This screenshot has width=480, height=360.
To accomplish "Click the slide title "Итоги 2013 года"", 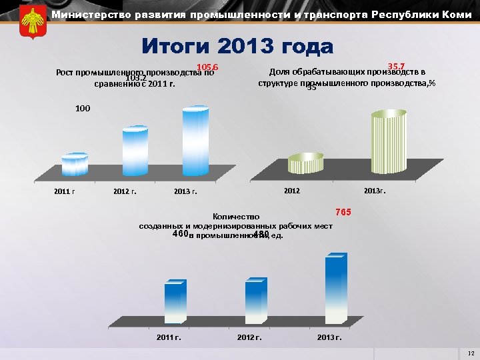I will point(237,47).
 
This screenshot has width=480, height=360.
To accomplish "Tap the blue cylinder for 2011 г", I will point(75,165).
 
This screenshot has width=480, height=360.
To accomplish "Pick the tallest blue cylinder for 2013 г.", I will point(196,141).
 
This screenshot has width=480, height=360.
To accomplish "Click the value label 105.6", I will point(208,67).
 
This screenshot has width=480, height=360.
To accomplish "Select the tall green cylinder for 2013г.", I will point(389,143).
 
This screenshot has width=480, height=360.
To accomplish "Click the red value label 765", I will point(343,212).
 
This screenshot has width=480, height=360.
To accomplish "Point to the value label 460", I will point(180,234).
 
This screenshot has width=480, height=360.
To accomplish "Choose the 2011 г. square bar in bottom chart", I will point(175,303).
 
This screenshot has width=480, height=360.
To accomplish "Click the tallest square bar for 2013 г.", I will point(335,290).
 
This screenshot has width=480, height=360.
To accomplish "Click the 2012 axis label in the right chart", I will point(292,191).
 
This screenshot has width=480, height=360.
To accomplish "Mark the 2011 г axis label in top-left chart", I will point(64,192).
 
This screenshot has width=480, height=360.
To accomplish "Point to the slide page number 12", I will point(471,353).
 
